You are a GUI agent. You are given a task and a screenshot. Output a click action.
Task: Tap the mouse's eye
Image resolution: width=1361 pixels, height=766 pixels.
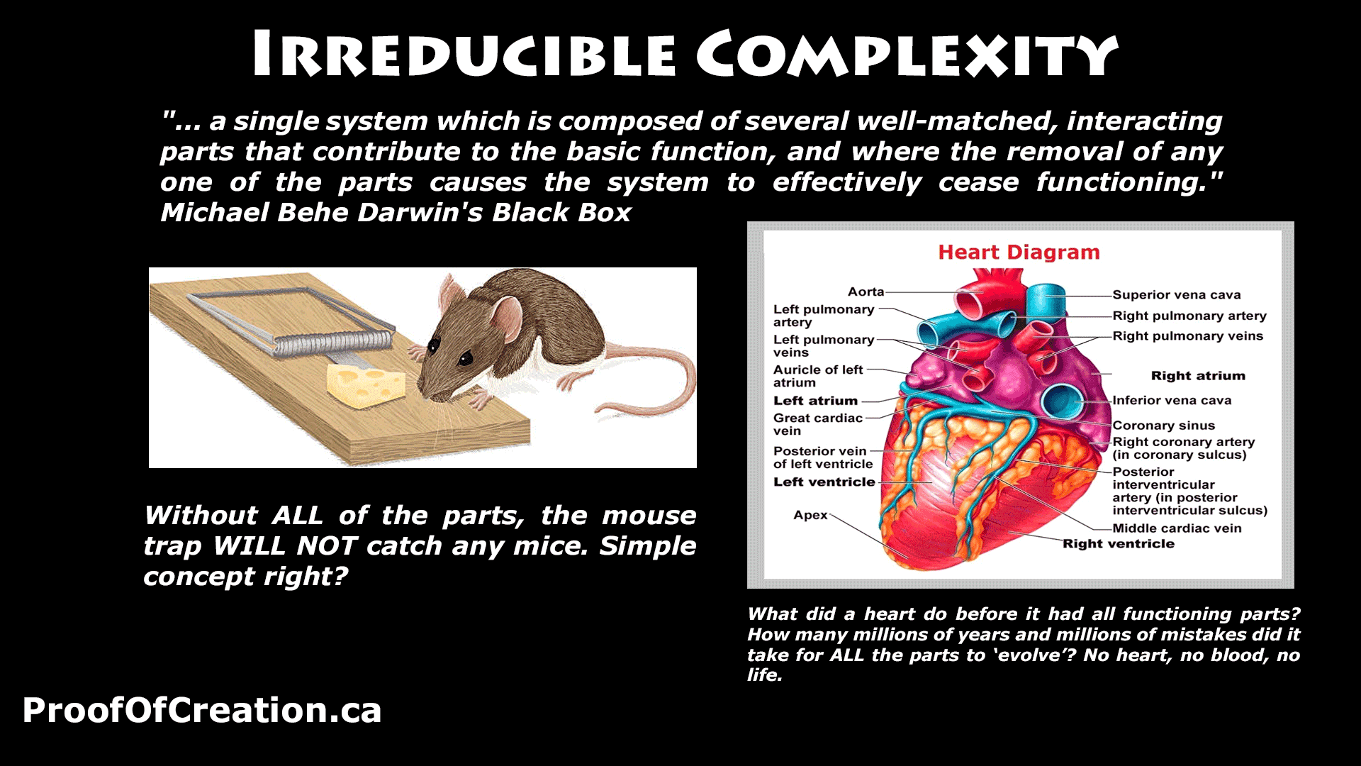tap(465, 357)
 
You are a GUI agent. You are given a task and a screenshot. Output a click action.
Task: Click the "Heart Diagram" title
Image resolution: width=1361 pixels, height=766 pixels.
tap(1019, 252)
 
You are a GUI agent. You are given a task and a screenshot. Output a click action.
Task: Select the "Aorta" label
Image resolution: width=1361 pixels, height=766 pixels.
tap(866, 292)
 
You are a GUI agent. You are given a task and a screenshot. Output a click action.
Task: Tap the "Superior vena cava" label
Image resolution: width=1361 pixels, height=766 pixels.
tap(1176, 295)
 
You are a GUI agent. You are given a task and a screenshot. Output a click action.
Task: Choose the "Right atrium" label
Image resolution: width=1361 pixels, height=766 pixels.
tap(1198, 376)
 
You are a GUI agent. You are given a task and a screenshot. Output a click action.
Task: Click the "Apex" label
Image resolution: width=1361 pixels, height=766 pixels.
tap(810, 516)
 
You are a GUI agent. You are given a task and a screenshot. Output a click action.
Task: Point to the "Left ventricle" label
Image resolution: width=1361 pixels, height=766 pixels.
tap(824, 482)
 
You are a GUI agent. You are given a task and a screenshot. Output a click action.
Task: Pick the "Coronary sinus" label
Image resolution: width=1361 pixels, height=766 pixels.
tap(1163, 426)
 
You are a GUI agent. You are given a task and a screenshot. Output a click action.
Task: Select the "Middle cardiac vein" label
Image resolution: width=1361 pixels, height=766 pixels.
tap(1177, 528)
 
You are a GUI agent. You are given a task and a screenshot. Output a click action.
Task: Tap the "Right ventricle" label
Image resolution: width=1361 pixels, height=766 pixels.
tap(1118, 544)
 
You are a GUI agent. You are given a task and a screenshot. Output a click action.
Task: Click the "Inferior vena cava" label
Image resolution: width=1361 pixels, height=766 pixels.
tap(1172, 401)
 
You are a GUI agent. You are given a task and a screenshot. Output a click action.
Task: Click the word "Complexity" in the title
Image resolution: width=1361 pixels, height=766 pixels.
tap(907, 54)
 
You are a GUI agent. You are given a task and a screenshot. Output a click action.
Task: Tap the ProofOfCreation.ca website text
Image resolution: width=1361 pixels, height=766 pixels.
tap(202, 710)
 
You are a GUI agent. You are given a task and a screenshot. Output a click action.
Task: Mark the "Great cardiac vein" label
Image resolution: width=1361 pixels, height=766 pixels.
tap(818, 424)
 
